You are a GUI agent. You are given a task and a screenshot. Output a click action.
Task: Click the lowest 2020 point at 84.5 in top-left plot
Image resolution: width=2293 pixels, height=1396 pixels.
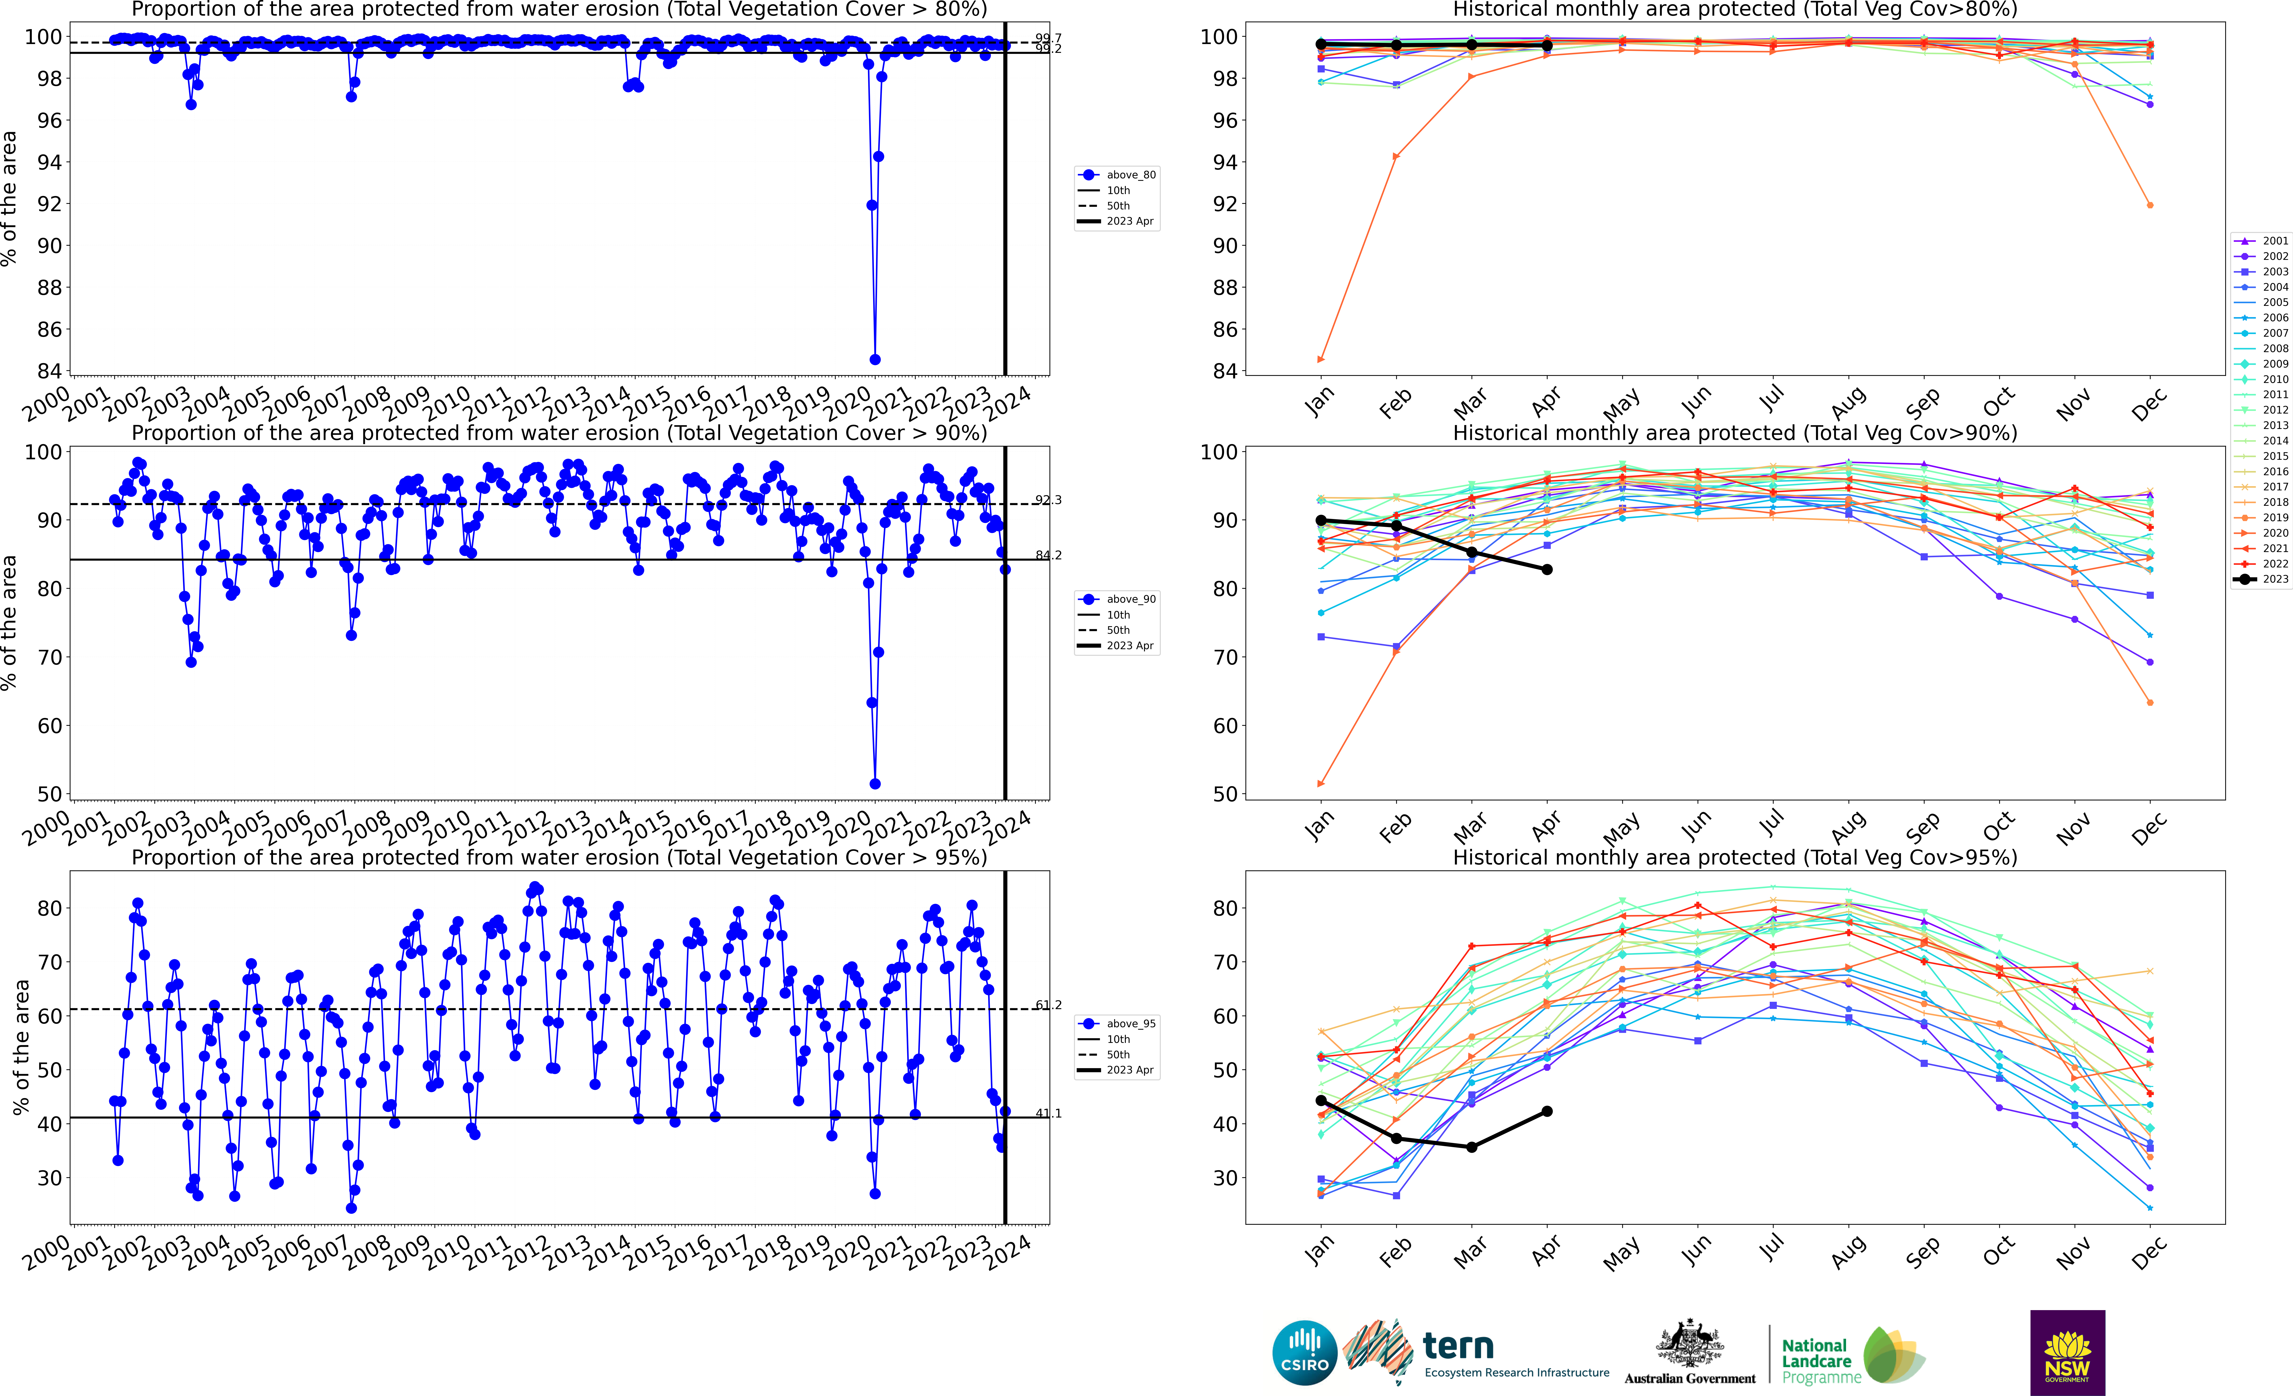click(875, 359)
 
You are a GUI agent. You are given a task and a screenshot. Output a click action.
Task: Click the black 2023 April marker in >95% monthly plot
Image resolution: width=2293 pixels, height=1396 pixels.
click(1547, 1111)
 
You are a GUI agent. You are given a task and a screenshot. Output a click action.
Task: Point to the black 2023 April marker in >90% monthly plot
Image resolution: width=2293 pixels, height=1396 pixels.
click(1547, 570)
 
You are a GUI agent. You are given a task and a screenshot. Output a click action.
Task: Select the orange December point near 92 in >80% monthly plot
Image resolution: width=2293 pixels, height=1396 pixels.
click(2150, 205)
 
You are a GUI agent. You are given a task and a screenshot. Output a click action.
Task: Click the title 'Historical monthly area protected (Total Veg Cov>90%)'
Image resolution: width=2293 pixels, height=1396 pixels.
click(1735, 433)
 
